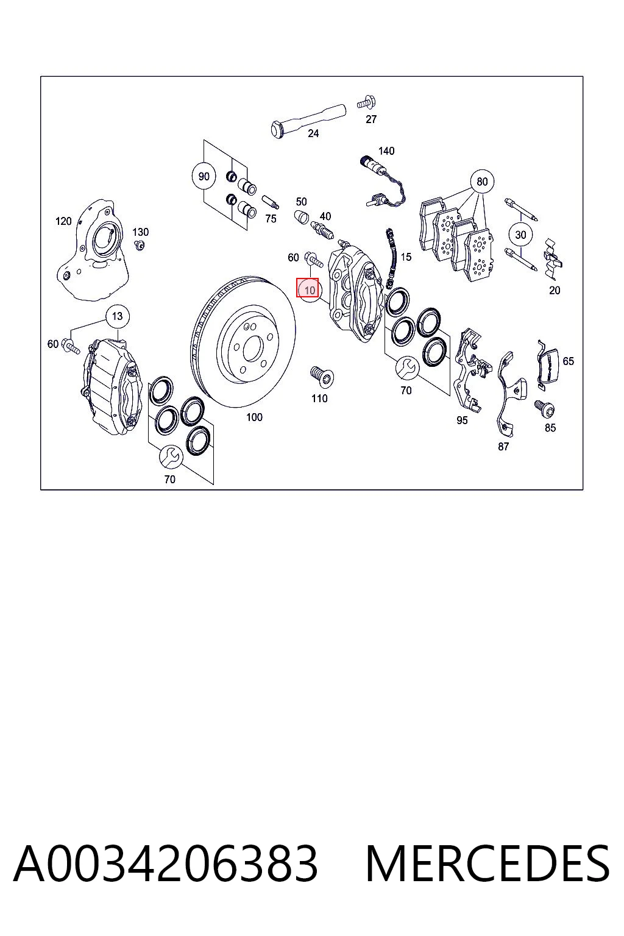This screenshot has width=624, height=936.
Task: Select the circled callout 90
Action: (x=204, y=176)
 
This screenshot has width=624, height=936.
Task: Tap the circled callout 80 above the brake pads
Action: (x=482, y=182)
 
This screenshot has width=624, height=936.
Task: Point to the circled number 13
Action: (x=118, y=316)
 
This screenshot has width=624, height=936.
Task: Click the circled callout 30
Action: (x=520, y=235)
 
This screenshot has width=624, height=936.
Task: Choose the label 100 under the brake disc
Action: (x=254, y=417)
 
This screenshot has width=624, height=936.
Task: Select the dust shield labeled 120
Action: (x=92, y=250)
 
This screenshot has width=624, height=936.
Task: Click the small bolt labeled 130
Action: (x=140, y=245)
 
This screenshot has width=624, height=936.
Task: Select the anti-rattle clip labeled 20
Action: (x=553, y=259)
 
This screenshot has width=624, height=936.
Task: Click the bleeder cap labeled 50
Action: (x=302, y=218)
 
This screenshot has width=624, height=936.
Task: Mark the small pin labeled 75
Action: (x=271, y=202)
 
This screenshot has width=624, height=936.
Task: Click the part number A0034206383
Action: (x=166, y=863)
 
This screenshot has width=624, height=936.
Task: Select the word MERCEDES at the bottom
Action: (x=487, y=863)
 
